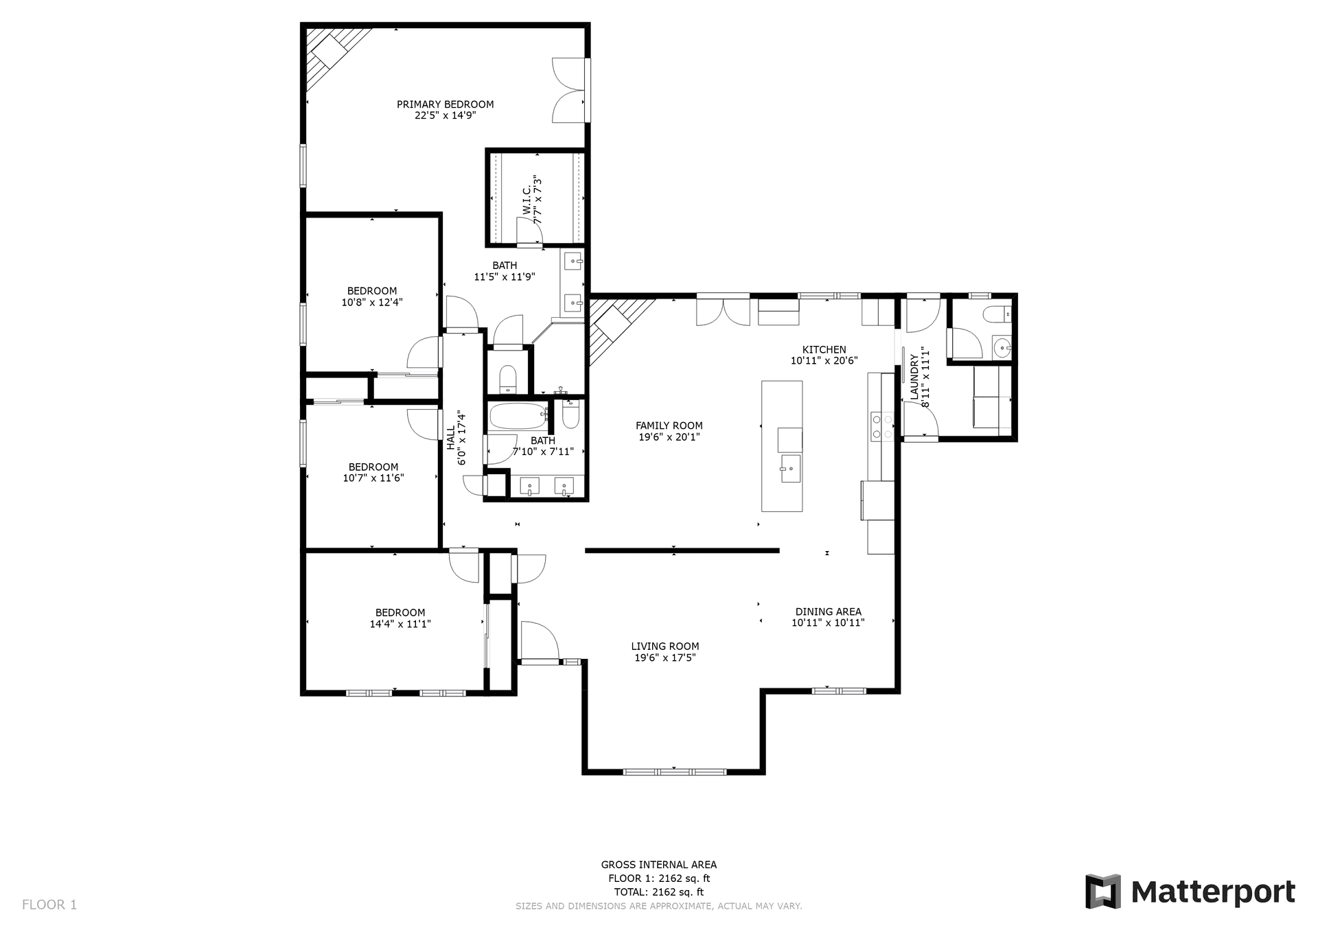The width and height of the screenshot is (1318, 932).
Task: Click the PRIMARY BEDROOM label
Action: (445, 104)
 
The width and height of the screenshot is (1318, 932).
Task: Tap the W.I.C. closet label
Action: (527, 199)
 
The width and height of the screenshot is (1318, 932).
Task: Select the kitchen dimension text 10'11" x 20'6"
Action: (824, 361)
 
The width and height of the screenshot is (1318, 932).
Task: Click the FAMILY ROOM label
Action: (669, 426)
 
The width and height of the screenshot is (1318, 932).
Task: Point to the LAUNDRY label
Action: (914, 377)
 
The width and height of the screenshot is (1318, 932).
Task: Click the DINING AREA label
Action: (828, 611)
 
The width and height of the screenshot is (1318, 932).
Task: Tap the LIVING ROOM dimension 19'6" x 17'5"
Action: (664, 658)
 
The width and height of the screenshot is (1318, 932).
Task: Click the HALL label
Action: (451, 439)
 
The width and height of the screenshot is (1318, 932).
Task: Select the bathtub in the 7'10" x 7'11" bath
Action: (516, 415)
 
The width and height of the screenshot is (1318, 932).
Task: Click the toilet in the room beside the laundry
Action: (996, 315)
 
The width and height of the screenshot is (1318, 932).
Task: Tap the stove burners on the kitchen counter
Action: (881, 426)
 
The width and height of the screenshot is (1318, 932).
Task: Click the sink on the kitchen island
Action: (790, 469)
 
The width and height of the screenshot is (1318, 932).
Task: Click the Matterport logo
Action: (1190, 892)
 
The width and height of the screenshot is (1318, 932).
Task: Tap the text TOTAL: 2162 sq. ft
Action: (658, 892)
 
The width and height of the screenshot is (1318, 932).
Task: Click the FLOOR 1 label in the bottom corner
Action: (49, 905)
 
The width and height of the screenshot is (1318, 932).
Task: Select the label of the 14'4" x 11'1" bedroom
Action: (400, 613)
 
